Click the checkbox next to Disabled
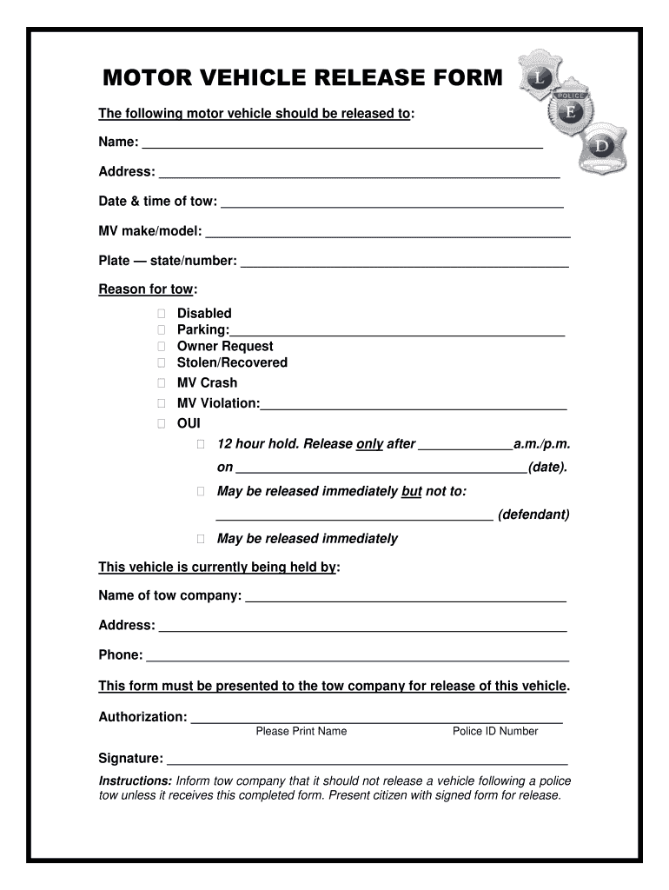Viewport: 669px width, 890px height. [x=162, y=313]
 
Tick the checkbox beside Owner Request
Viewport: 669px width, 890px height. [x=162, y=346]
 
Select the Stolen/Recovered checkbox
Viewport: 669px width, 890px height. [x=162, y=362]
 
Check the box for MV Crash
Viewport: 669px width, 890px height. [x=162, y=382]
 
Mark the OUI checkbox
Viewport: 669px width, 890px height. [x=162, y=423]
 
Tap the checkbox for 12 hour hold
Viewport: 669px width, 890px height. [x=201, y=444]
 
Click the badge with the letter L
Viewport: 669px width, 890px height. [x=540, y=77]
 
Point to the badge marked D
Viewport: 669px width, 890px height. [x=602, y=146]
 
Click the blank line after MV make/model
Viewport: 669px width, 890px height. [x=387, y=233]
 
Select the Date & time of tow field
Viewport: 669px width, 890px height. [x=392, y=203]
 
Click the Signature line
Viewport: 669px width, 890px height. [x=367, y=760]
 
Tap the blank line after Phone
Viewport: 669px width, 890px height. [x=357, y=657]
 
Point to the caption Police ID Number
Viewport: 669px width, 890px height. [x=495, y=731]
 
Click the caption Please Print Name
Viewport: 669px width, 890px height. [x=301, y=731]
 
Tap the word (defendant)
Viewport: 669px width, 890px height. [x=533, y=515]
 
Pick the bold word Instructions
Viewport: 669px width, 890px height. [x=135, y=780]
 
